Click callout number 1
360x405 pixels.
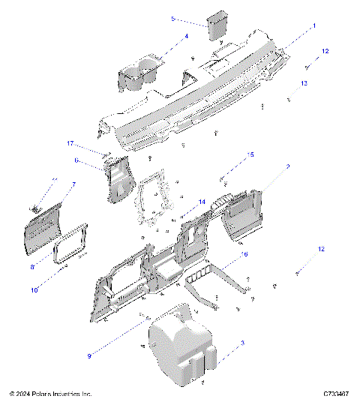[314, 25]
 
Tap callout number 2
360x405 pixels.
[288, 166]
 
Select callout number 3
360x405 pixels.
[241, 342]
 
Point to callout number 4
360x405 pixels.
[186, 36]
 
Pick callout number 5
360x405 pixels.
[172, 18]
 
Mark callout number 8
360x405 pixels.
[32, 265]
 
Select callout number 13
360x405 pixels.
[304, 82]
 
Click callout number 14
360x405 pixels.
[201, 202]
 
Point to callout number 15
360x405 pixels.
[250, 154]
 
